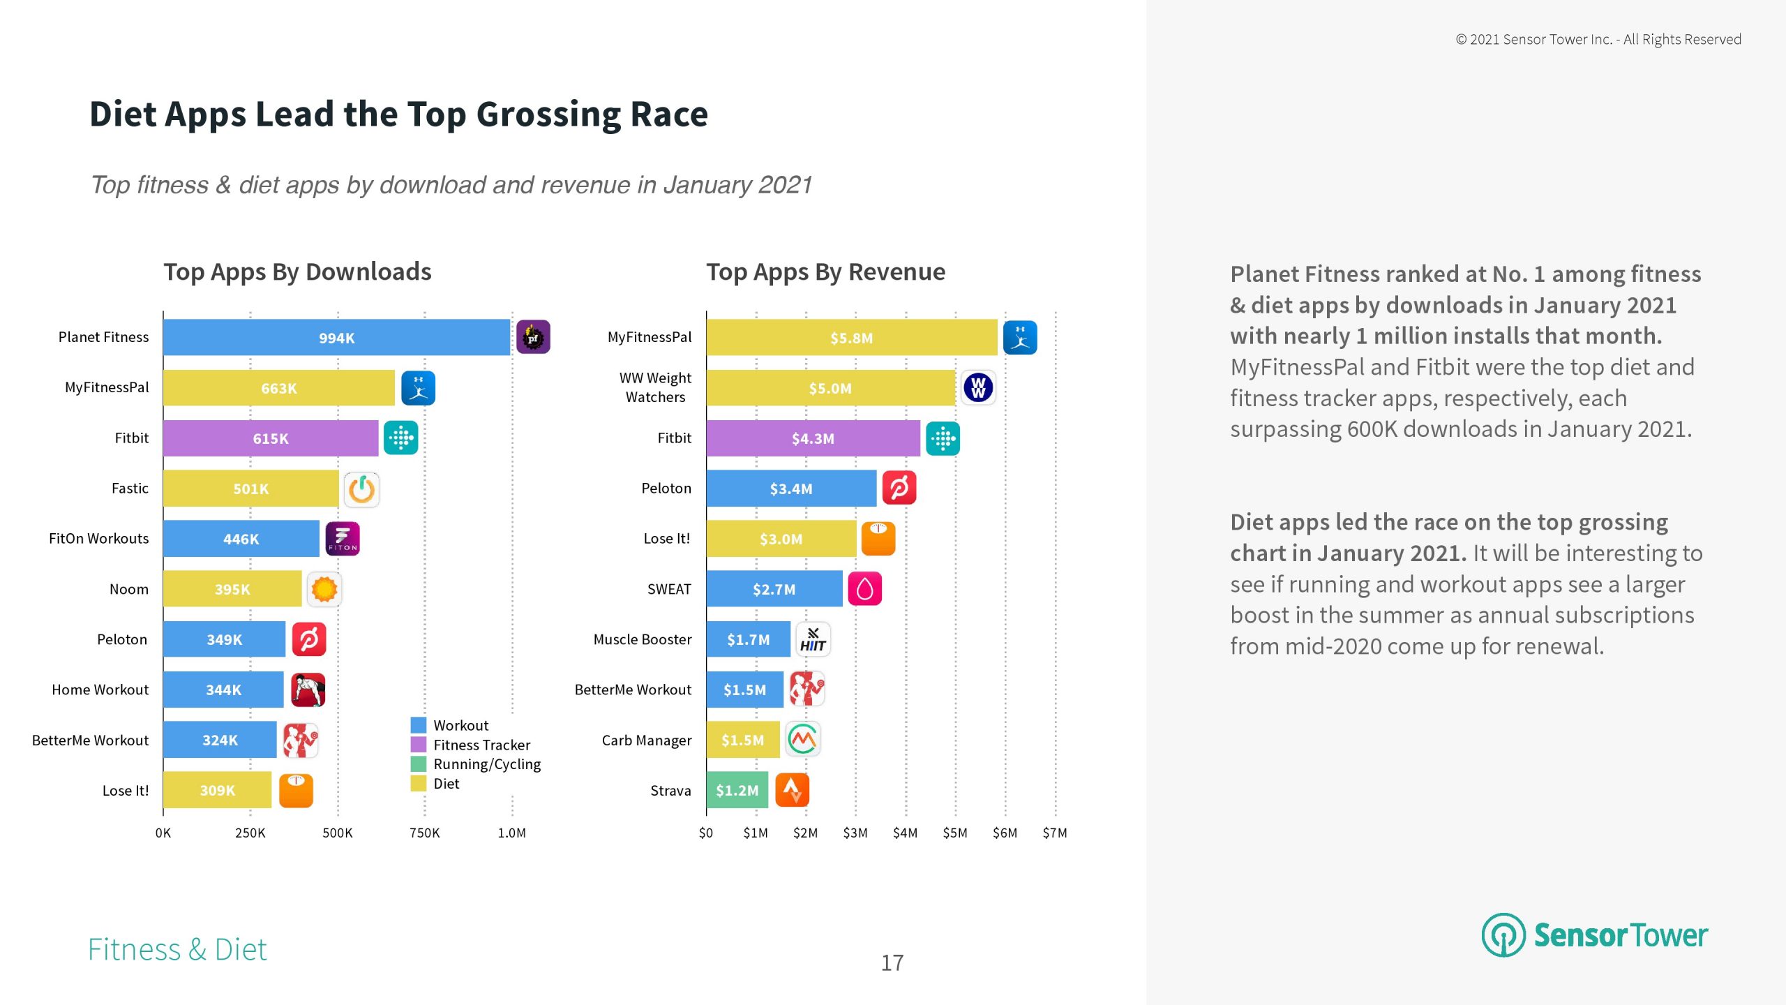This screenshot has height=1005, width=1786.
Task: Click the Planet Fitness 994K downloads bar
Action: [336, 338]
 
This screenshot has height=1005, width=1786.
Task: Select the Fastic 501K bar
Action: [250, 489]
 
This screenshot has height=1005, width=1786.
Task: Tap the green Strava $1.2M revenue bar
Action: [737, 790]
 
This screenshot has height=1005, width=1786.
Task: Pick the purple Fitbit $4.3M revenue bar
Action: [813, 438]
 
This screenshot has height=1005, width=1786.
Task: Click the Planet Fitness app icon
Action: [533, 337]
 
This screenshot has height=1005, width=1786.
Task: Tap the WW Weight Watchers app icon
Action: [978, 387]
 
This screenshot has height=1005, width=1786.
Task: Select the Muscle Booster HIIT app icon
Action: [813, 639]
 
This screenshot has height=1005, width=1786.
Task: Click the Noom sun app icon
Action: [324, 589]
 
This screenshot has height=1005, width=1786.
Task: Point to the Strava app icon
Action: [792, 790]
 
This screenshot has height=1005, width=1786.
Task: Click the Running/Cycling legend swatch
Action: [419, 764]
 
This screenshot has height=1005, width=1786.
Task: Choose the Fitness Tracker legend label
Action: [481, 745]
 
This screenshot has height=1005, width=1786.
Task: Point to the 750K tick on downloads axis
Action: [424, 833]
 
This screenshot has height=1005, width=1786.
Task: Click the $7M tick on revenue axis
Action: [1054, 833]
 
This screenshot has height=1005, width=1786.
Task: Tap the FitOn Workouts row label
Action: [98, 538]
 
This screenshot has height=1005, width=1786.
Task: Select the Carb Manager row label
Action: [646, 740]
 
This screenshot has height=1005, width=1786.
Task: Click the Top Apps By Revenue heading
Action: [825, 271]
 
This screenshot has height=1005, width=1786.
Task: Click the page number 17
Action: [892, 962]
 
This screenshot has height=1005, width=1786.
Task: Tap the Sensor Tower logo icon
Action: [1503, 935]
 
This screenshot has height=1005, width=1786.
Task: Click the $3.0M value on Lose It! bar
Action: [781, 539]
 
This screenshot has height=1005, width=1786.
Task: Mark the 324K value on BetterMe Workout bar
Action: [220, 740]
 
